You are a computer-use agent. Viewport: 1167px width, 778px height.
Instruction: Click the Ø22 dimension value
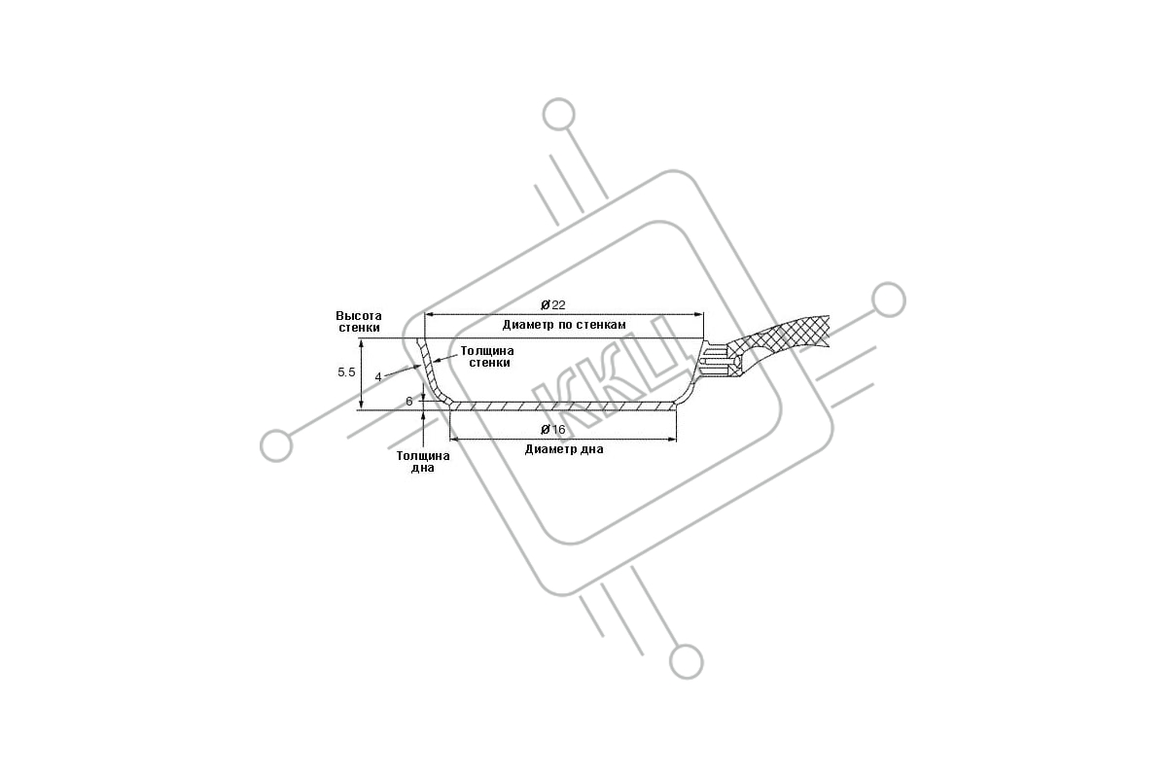[x=552, y=304]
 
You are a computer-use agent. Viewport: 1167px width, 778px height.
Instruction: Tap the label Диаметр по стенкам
[x=564, y=325]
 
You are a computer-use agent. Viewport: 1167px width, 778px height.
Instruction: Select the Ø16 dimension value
[x=552, y=429]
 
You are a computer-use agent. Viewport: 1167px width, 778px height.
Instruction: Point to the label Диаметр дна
[x=564, y=449]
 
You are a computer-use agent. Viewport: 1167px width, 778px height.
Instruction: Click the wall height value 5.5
[x=346, y=372]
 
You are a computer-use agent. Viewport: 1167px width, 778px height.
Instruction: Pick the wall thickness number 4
[x=378, y=376]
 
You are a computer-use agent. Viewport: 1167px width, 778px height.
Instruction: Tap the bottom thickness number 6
[x=409, y=402]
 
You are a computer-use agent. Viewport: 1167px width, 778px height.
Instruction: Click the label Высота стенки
[x=359, y=322]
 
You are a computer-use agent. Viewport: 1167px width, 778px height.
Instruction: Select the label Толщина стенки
[x=487, y=357]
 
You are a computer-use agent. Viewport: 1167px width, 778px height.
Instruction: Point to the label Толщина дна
[x=423, y=462]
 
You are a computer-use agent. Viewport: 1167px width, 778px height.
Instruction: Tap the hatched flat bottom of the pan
[x=563, y=406]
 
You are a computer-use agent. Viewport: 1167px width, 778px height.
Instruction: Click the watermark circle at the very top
[x=558, y=114]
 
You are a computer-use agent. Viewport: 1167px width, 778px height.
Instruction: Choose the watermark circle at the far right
[x=889, y=301]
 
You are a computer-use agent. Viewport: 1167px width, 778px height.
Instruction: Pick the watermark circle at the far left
[x=276, y=446]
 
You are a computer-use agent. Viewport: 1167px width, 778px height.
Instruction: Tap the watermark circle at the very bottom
[x=687, y=662]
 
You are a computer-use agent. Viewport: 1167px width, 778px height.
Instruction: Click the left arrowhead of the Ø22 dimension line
[x=429, y=314]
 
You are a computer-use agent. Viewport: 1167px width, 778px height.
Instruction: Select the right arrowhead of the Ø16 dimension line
[x=673, y=440]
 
